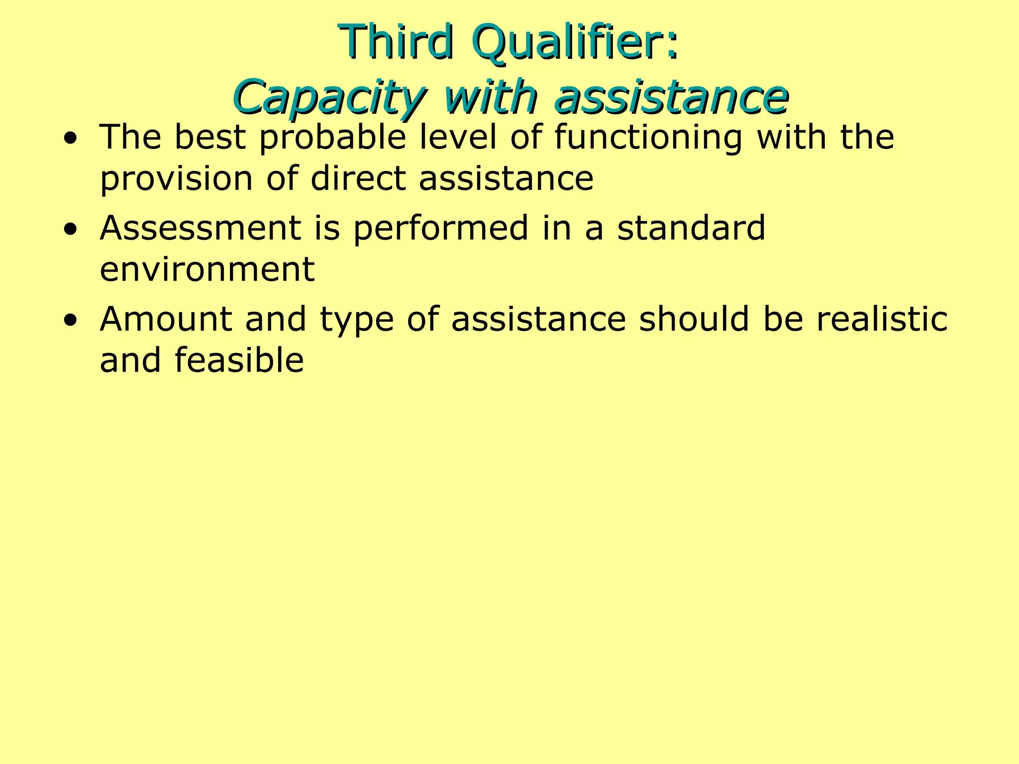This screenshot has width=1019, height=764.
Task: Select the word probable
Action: coord(333,138)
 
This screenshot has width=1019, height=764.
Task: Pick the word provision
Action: coord(177,179)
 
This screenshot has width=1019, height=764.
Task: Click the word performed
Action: coord(441,229)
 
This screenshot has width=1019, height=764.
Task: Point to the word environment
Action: coord(207,270)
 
